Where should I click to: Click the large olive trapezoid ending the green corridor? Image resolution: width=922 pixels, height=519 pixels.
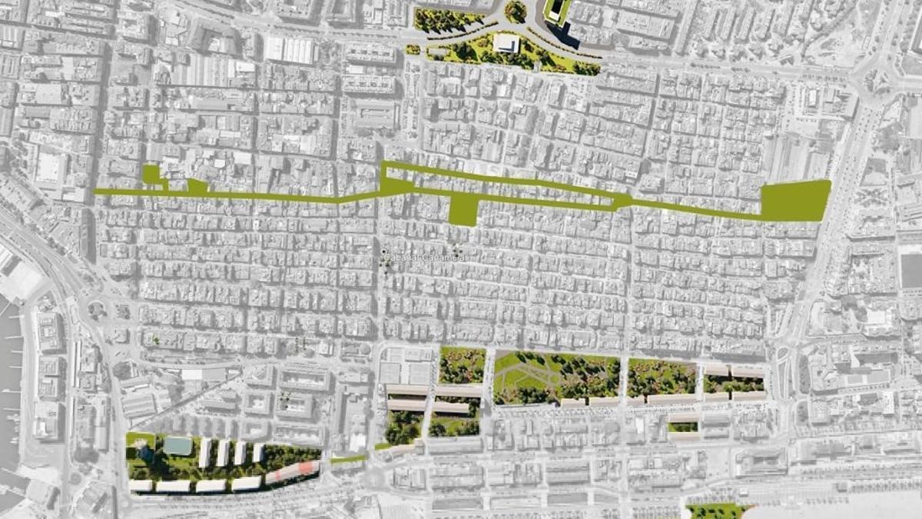(795, 200)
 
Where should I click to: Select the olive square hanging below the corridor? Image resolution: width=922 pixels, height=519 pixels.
(463, 208)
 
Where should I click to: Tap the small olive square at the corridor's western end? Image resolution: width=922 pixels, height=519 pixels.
(151, 174)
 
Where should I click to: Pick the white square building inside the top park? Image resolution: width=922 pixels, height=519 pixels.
(506, 43)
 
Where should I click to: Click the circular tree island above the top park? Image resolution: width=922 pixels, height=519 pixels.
(516, 11)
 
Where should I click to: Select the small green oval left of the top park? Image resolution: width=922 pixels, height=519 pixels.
(413, 50)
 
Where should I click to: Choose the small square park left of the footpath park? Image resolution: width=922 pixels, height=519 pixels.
(462, 365)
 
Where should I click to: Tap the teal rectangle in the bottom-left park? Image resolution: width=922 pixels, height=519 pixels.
(177, 446)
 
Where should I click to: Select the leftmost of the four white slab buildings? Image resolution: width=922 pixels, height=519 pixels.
(205, 453)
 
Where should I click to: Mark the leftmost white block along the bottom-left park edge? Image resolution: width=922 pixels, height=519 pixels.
(141, 486)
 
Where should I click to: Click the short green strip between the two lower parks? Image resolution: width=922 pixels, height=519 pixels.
(349, 460)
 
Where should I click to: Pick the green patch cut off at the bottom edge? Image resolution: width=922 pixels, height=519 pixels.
(715, 511)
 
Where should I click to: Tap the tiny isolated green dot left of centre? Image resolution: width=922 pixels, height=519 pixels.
(156, 338)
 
